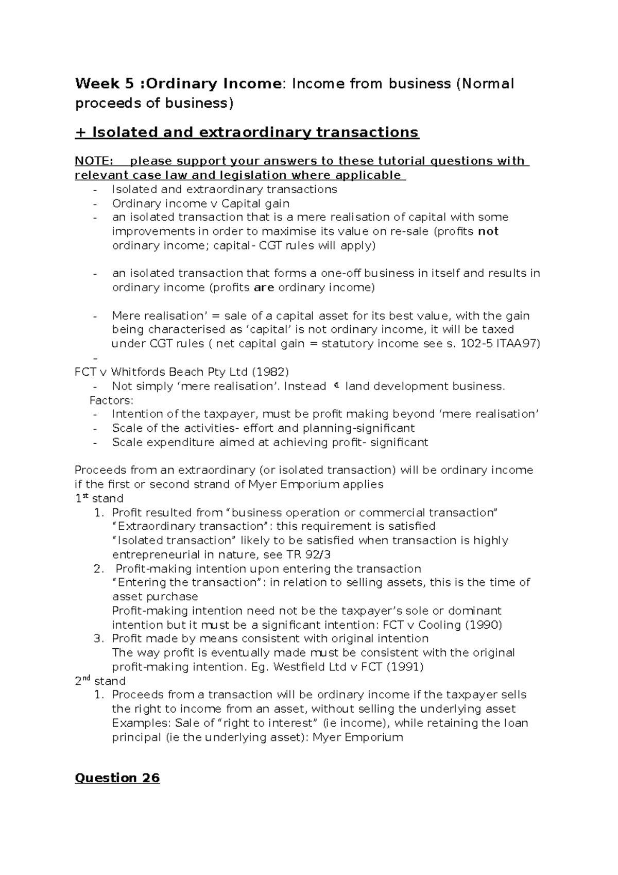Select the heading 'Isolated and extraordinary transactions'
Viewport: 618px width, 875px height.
tap(255, 132)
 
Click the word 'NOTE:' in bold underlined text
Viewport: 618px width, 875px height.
tap(94, 161)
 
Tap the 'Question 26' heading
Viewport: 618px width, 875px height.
tap(117, 778)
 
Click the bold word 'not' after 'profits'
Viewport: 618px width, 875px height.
tap(488, 231)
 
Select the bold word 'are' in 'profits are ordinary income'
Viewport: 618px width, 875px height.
tap(264, 288)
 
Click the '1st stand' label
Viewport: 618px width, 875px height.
tap(99, 498)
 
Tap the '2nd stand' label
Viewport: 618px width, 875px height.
tap(100, 681)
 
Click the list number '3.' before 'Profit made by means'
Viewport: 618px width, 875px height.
tap(99, 638)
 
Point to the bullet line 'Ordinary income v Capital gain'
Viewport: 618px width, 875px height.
tap(201, 204)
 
